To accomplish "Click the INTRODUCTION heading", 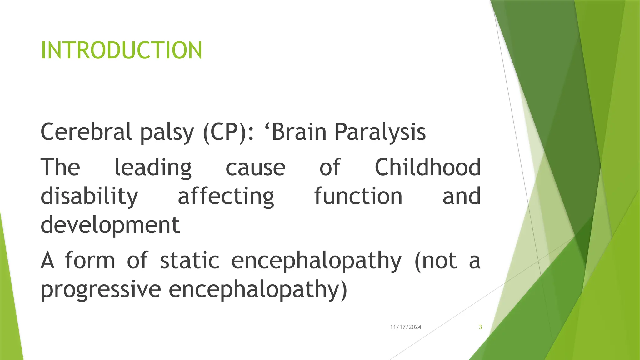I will click(x=121, y=50).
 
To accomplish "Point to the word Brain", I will click(x=299, y=132).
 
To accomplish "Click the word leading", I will click(x=153, y=168).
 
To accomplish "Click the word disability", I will click(x=89, y=197).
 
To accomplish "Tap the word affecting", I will click(x=226, y=197).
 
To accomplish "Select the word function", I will click(x=358, y=196).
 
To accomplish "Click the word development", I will click(x=110, y=225).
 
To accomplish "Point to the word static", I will click(x=190, y=260).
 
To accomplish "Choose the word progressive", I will click(x=101, y=289).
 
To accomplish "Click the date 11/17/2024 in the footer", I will click(x=406, y=327).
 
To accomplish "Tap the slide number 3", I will click(x=480, y=327).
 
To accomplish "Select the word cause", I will click(x=255, y=168).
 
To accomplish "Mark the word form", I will click(x=90, y=260).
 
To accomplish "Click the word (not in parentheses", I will click(x=436, y=261).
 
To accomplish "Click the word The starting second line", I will click(x=60, y=167).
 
